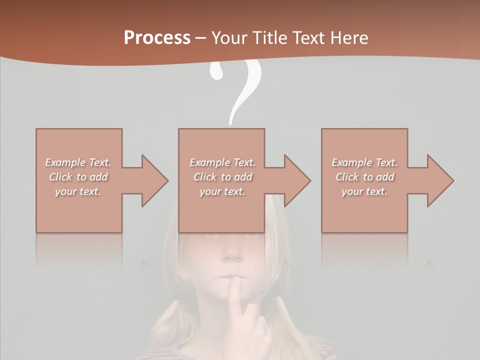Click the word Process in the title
157,38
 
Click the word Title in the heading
270,38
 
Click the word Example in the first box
65,162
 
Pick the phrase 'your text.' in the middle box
222,191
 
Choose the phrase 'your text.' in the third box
364,191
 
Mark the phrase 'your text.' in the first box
78,191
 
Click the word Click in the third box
347,177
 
